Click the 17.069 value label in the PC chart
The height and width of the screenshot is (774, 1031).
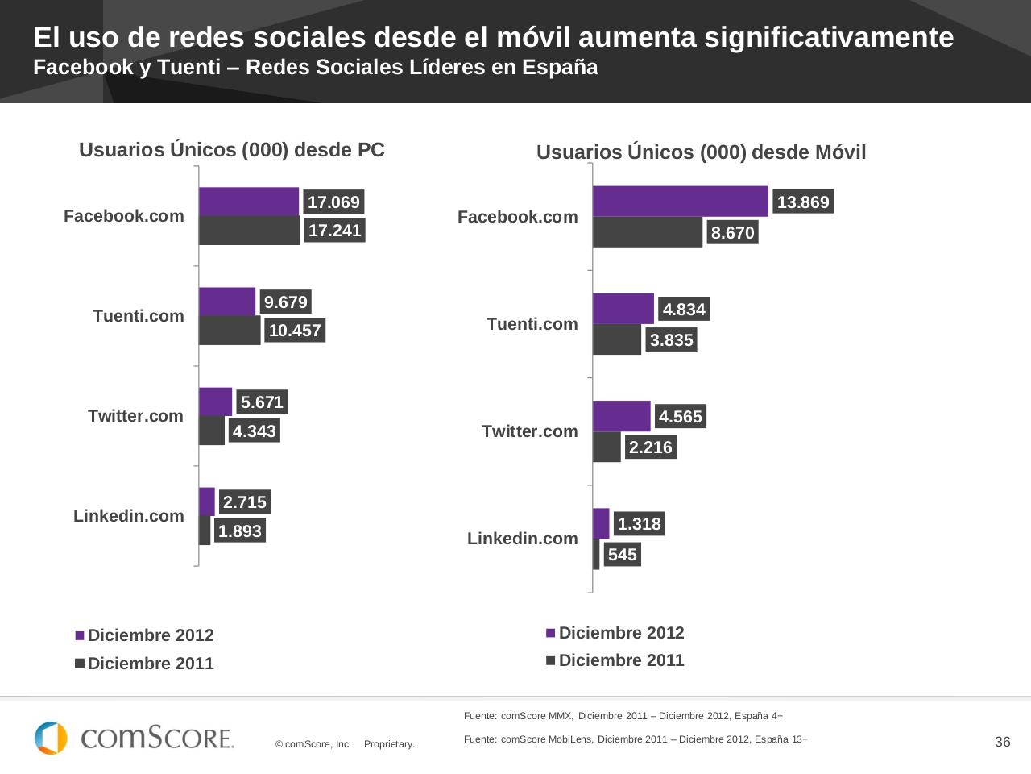[333, 202]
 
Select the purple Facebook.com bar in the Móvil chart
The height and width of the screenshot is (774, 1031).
[680, 202]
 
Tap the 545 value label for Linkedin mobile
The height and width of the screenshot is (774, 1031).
[622, 555]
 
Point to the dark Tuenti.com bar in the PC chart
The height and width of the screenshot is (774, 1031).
[230, 331]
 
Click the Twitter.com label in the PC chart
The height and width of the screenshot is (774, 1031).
[136, 416]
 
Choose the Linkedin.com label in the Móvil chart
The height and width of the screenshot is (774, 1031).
[523, 539]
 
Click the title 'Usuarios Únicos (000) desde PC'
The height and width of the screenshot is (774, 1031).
[232, 150]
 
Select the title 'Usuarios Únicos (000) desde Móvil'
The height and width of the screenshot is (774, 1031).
[701, 152]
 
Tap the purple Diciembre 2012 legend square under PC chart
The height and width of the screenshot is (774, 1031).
[80, 635]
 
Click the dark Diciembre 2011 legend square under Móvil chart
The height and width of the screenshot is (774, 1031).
[551, 660]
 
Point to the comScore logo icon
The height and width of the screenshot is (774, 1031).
[51, 738]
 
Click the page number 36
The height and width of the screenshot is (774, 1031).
[1002, 743]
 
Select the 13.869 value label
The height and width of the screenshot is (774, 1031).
[803, 202]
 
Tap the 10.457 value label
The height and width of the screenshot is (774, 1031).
[295, 331]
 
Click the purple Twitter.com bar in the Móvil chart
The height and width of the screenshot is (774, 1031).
[621, 416]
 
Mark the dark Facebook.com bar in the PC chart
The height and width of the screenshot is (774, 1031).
[249, 231]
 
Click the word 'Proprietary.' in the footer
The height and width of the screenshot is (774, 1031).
[389, 744]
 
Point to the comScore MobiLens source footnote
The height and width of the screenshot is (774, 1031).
[636, 739]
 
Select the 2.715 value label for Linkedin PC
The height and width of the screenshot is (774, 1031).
[244, 502]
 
